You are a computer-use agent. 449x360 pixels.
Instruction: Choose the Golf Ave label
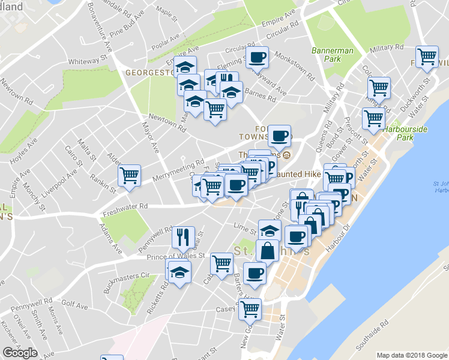(x=74, y=306)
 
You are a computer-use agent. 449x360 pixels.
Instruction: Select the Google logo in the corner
(x=20, y=353)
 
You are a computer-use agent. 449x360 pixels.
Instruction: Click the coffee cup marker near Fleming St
(x=258, y=58)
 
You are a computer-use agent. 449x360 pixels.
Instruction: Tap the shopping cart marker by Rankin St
(x=129, y=175)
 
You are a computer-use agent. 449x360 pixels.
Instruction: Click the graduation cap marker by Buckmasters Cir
(x=179, y=273)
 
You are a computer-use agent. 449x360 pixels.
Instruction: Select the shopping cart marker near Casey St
(x=250, y=309)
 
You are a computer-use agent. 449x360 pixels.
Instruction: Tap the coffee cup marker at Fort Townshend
(x=279, y=136)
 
